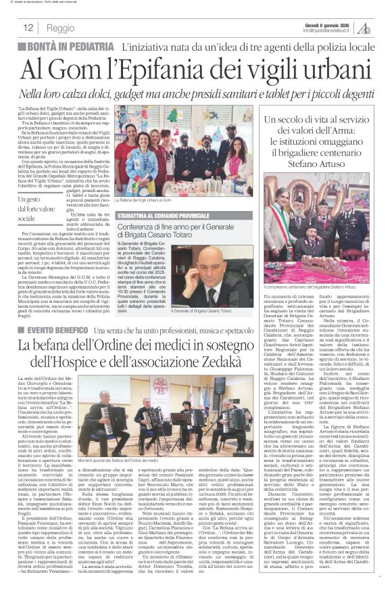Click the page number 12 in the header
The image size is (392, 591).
(28, 28)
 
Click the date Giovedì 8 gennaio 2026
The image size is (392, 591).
(324, 24)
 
